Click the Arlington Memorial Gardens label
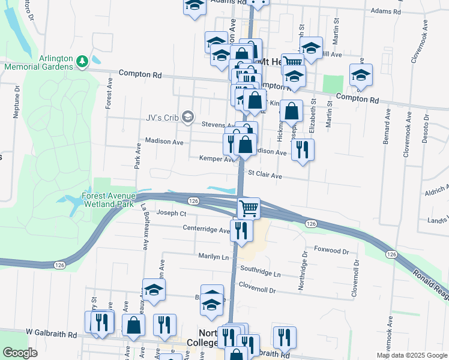[38, 62]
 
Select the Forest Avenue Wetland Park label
[109, 200]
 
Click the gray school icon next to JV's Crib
[188, 116]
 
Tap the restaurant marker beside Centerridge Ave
[241, 230]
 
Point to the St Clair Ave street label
[265, 176]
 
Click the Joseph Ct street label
[172, 213]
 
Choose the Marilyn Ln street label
[214, 256]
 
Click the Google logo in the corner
[20, 353]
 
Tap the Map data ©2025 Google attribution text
[412, 355]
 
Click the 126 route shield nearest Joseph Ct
[193, 200]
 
